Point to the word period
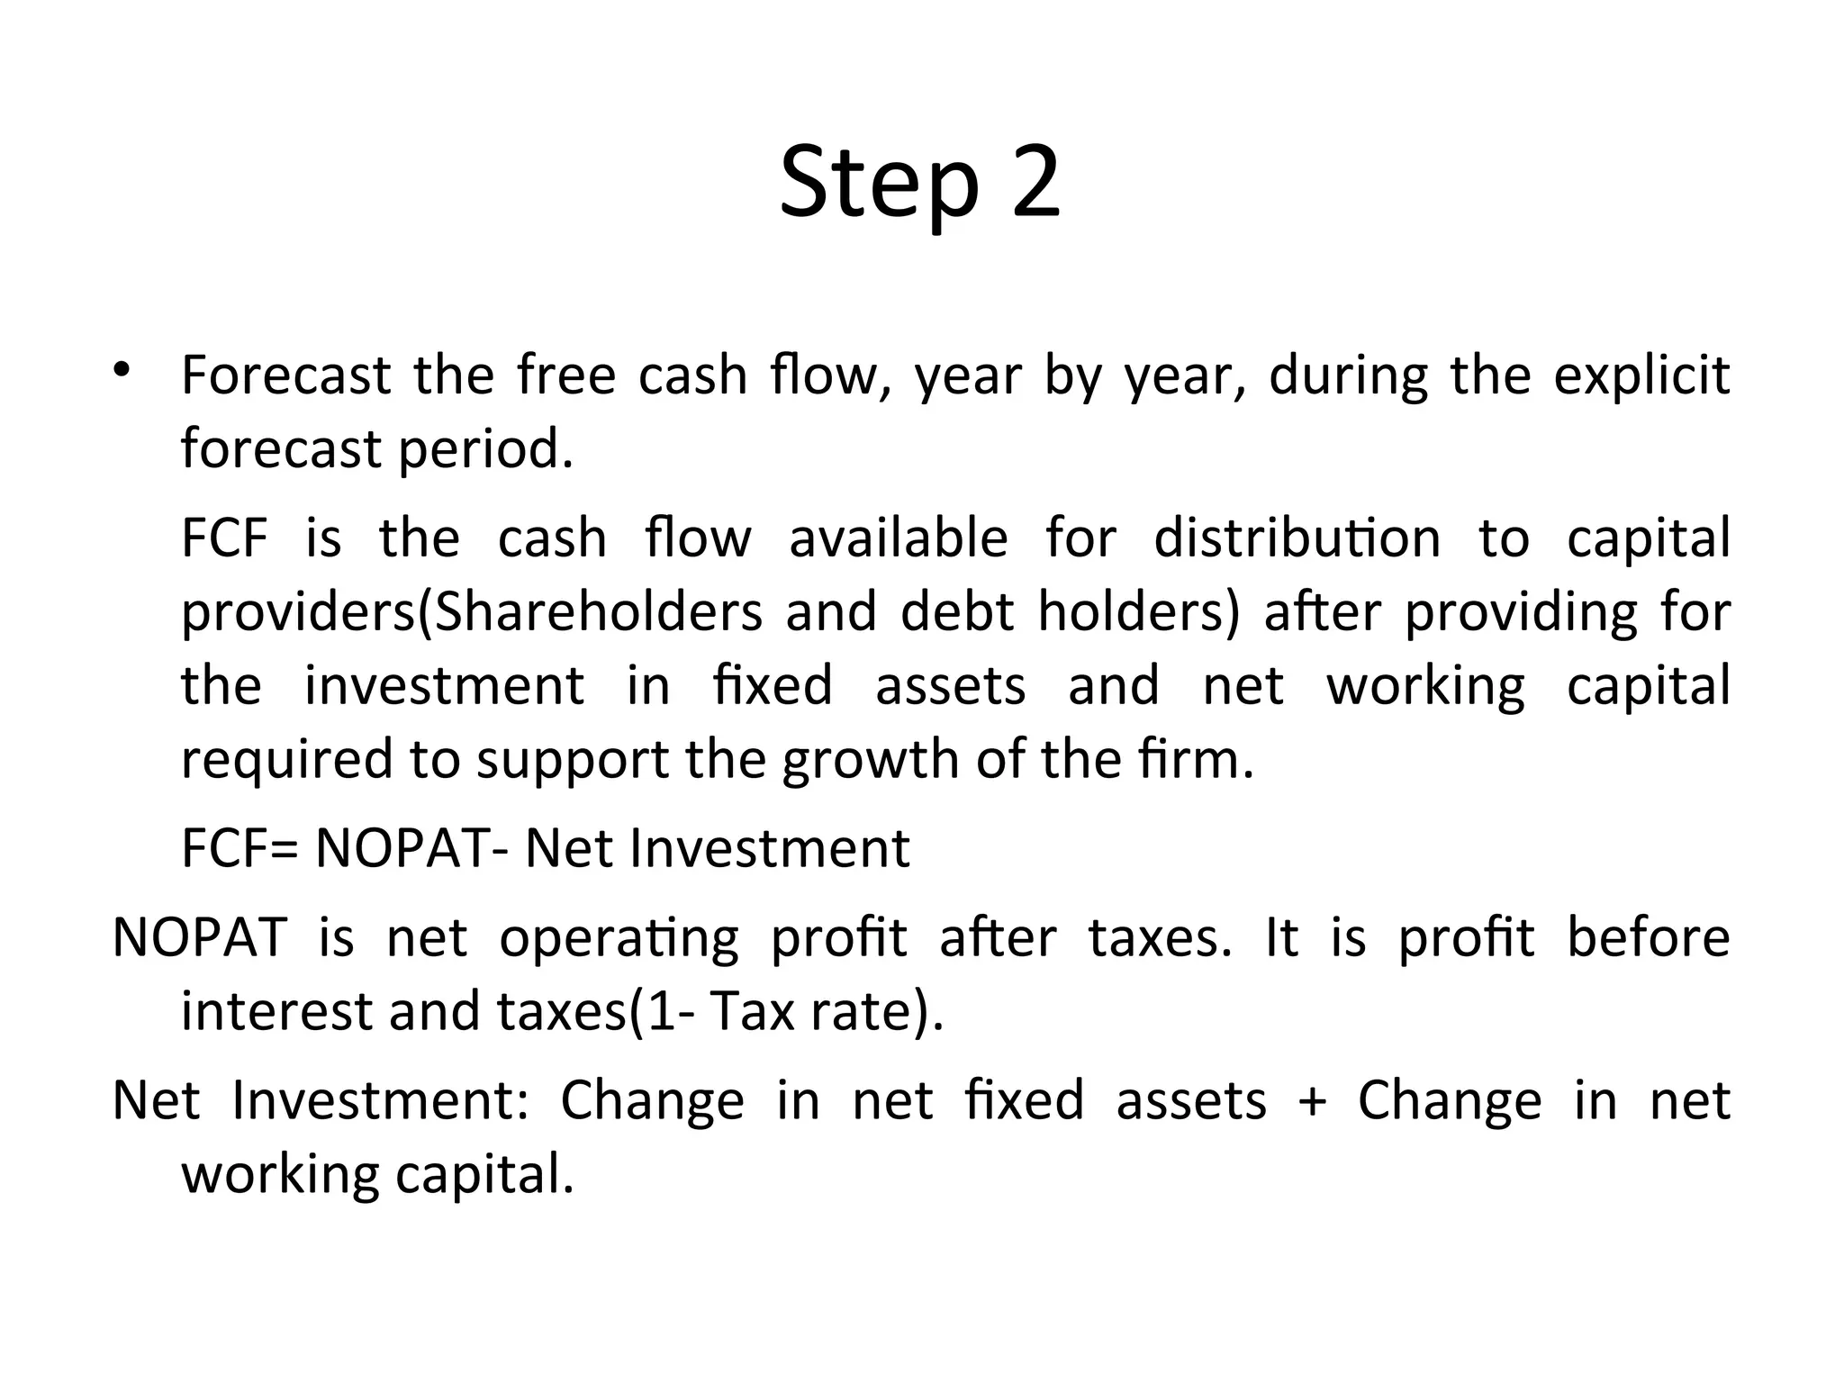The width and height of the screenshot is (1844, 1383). [x=485, y=449]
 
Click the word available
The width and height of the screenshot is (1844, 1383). [x=898, y=538]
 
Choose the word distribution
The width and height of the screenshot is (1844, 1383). [x=1297, y=538]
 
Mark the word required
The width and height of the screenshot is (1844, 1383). [x=286, y=760]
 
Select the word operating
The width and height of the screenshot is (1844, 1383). [x=619, y=939]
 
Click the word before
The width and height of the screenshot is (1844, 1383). [x=1648, y=937]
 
